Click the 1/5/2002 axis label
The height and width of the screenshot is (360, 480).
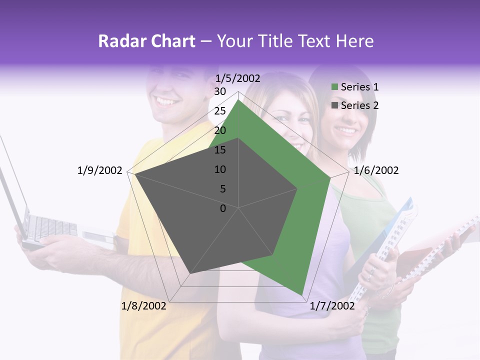point(238,78)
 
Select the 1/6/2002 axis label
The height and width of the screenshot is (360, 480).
point(376,170)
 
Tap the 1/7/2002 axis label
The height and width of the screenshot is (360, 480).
point(332,306)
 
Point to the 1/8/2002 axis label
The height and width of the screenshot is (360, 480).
point(143,306)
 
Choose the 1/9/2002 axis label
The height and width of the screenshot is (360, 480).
point(100,170)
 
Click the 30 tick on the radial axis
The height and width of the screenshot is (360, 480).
point(220,91)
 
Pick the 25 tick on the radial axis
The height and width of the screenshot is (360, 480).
point(220,111)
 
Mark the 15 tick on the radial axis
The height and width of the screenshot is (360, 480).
point(220,150)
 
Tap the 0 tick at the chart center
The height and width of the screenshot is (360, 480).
point(223,208)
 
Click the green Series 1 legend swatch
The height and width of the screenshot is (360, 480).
point(335,87)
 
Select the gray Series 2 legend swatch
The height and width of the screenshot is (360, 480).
point(335,105)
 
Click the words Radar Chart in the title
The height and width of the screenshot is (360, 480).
point(146,41)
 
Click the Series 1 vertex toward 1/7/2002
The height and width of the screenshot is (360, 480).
point(301,295)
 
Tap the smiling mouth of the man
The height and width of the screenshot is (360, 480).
point(167,101)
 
